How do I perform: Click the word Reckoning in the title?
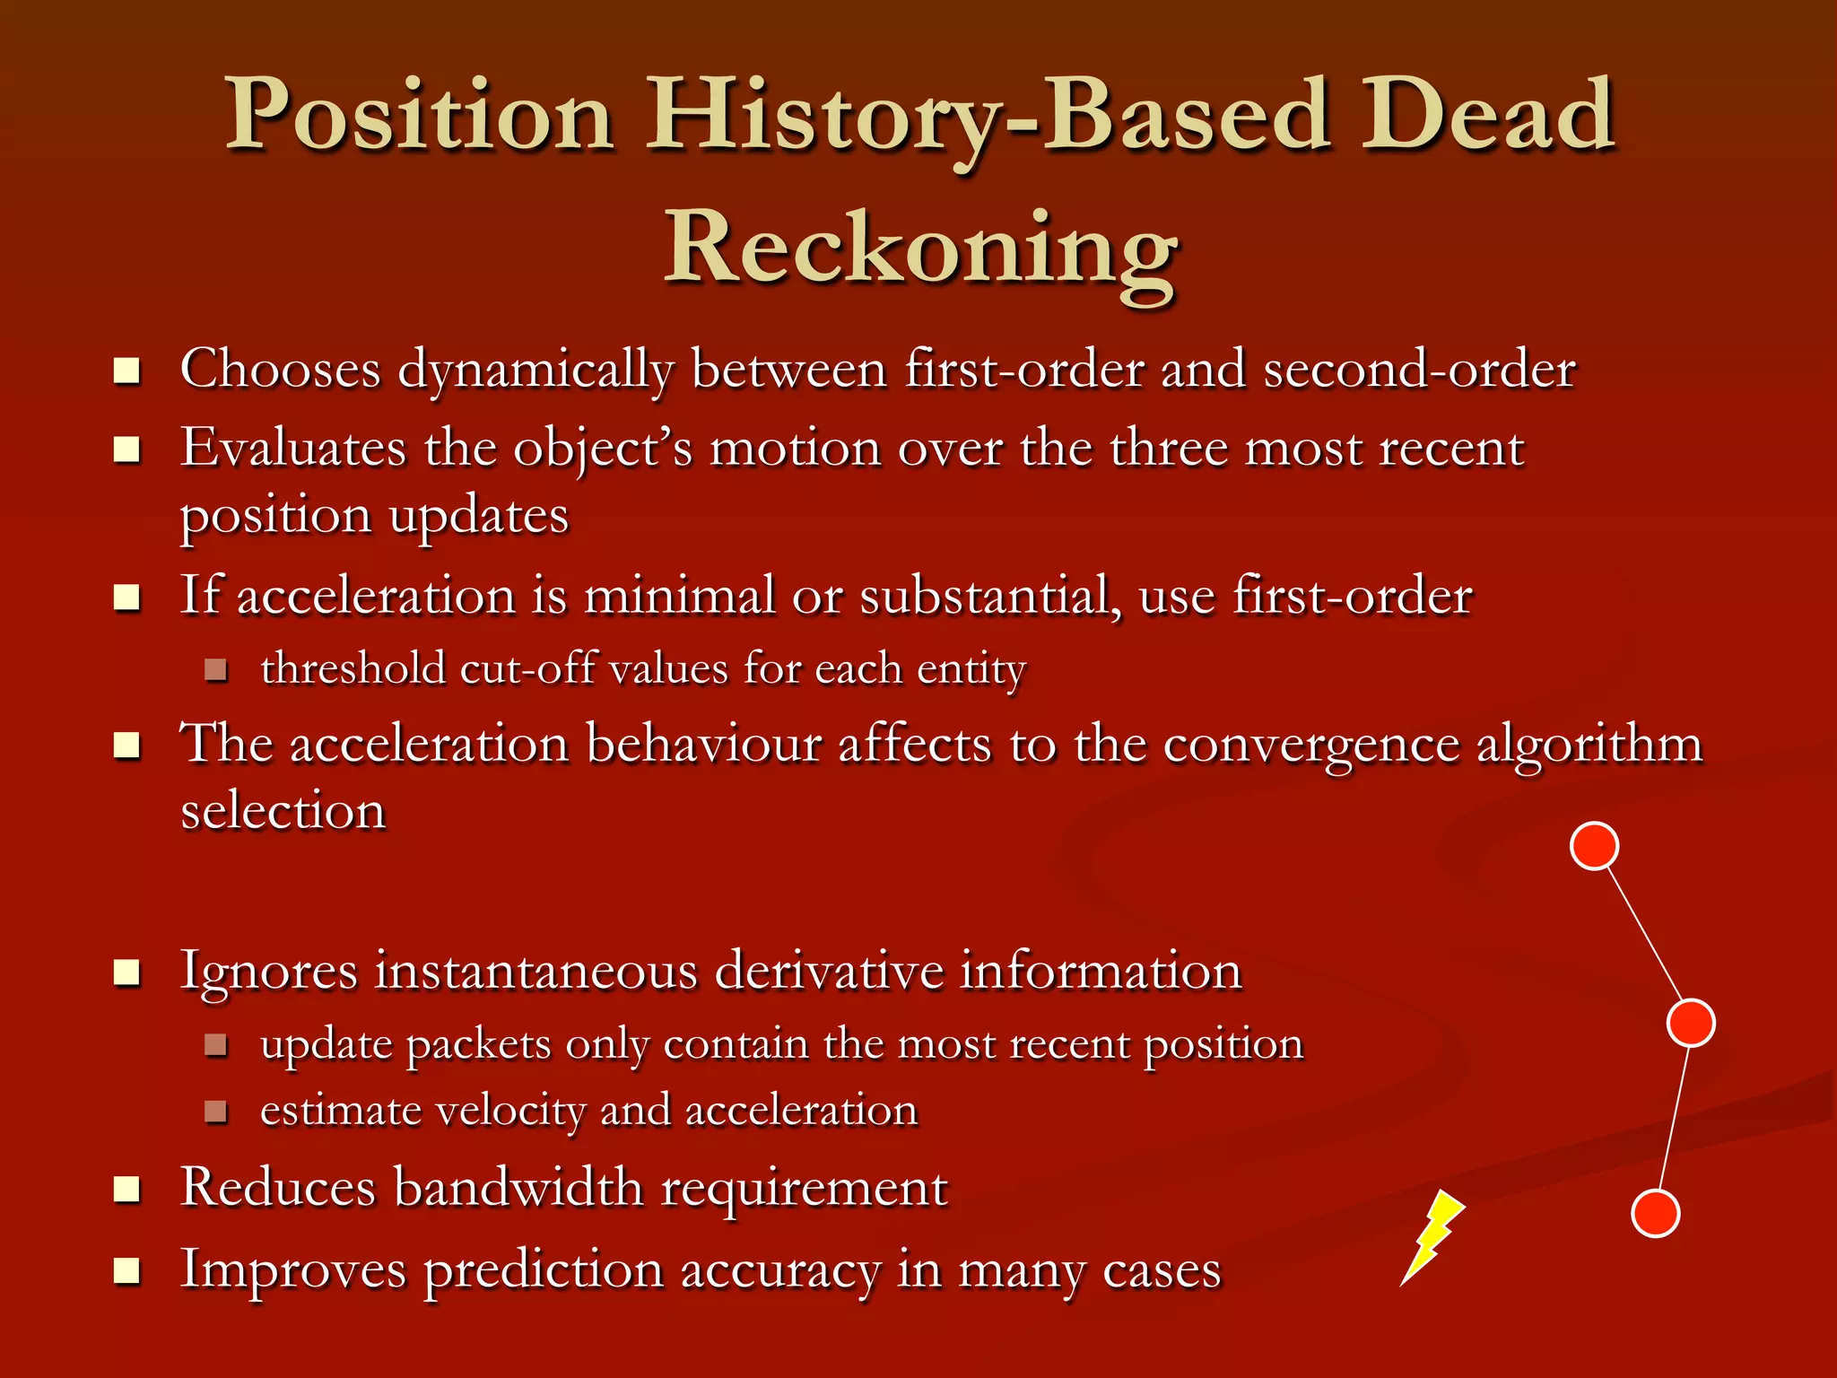point(920,248)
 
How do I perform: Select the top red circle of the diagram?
point(1594,845)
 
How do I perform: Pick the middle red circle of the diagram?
point(1691,1022)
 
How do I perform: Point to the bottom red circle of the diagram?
point(1655,1213)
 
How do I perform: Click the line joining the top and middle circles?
point(1642,933)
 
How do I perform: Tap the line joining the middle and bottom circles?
point(1674,1118)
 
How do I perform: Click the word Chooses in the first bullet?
point(281,369)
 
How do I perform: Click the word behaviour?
point(703,744)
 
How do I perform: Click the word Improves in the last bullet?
point(292,1271)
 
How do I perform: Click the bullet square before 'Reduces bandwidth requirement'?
point(127,1190)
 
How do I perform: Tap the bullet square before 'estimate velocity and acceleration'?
point(215,1112)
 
